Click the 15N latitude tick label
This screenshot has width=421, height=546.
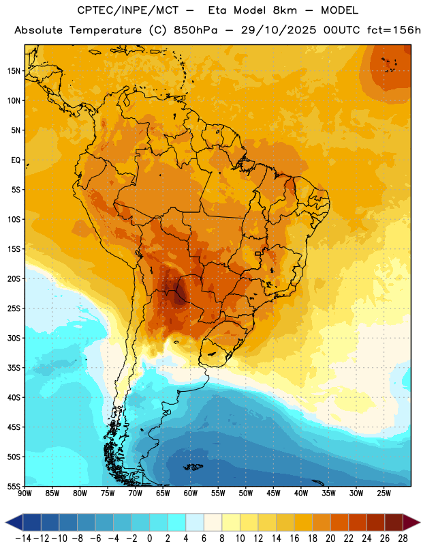(x=14, y=71)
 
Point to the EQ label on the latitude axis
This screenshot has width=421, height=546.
(x=16, y=160)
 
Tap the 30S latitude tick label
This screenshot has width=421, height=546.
(x=14, y=338)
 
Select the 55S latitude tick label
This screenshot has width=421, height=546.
(x=14, y=486)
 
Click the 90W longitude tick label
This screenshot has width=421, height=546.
(x=25, y=493)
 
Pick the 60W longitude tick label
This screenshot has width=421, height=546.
(x=191, y=493)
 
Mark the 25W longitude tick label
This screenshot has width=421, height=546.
(x=384, y=493)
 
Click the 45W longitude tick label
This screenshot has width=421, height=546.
(x=273, y=493)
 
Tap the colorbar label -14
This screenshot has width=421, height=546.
(x=23, y=538)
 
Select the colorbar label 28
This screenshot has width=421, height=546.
(x=403, y=538)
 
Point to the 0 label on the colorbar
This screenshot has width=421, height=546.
(x=150, y=538)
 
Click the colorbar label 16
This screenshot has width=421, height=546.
(x=294, y=538)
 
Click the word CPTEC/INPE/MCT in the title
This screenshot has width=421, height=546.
(x=128, y=10)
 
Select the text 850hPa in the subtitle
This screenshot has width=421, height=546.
(x=196, y=30)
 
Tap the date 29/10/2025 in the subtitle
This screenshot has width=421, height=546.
(x=279, y=30)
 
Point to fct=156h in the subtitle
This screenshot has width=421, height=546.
(x=394, y=30)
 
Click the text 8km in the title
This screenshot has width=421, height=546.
(x=285, y=10)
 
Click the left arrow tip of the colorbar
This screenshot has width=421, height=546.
(x=6, y=523)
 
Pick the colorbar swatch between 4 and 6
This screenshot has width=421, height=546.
(x=195, y=523)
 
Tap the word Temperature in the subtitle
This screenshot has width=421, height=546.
(x=106, y=30)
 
